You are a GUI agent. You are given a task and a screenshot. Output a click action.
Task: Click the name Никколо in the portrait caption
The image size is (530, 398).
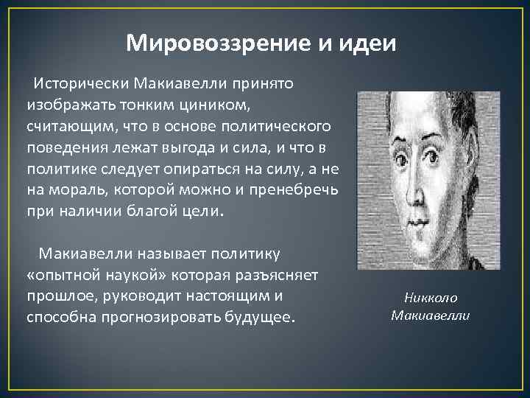pyautogui.click(x=430, y=298)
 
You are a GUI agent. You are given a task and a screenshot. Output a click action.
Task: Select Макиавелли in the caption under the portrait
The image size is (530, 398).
pyautogui.click(x=430, y=315)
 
